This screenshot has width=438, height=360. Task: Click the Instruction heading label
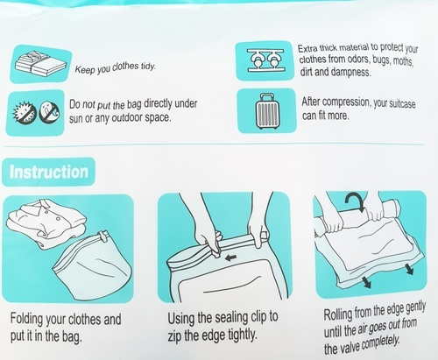48,172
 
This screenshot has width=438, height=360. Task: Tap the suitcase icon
266,111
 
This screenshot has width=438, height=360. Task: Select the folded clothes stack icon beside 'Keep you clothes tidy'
40,64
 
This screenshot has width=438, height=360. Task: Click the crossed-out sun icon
25,113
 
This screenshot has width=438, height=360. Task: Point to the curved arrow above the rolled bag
355,201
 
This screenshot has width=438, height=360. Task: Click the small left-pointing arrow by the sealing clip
231,258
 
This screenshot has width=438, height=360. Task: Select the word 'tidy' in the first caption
148,67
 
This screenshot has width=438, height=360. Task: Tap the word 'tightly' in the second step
243,335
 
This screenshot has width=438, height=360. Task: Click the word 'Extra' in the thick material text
307,48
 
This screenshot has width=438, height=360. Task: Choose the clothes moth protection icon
265,60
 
